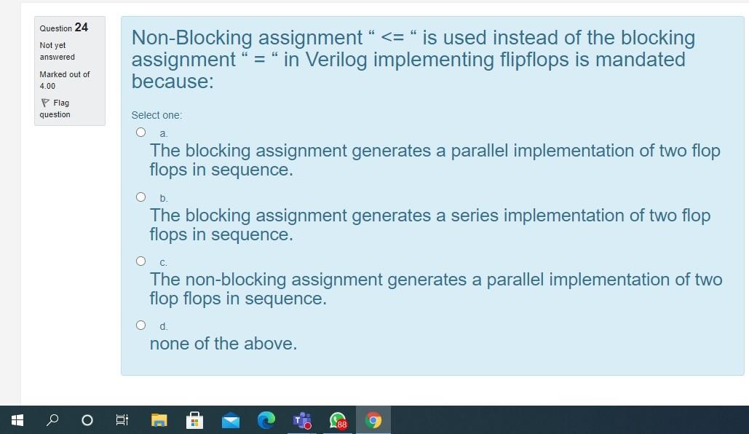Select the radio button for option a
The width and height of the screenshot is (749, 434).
click(x=140, y=133)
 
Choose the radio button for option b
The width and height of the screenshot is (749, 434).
click(x=140, y=197)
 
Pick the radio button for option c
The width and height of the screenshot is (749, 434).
click(x=140, y=261)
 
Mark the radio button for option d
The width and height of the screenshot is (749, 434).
click(x=140, y=325)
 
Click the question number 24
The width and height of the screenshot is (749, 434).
click(x=81, y=28)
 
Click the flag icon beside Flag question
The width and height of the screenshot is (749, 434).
click(x=46, y=103)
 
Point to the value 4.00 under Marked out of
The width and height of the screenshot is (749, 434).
click(x=47, y=86)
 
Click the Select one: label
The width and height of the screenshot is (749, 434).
click(x=156, y=115)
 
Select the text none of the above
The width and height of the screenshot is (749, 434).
click(x=223, y=344)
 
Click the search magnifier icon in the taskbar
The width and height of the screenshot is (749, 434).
click(x=52, y=420)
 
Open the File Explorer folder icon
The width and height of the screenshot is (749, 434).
click(x=159, y=420)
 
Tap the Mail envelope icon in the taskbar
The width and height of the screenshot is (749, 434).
click(x=231, y=420)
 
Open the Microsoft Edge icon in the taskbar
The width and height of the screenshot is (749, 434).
click(x=266, y=420)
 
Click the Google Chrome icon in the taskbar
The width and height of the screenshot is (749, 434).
click(x=373, y=420)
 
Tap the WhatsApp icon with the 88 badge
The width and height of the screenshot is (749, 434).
click(x=338, y=420)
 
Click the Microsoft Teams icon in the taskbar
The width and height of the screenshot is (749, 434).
click(x=301, y=420)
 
